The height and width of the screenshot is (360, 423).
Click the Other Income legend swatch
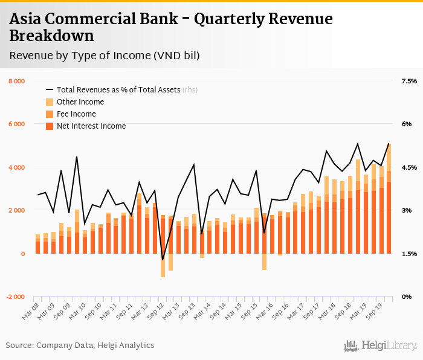pyautogui.click(x=50, y=102)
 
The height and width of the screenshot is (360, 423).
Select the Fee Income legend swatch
pyautogui.click(x=50, y=114)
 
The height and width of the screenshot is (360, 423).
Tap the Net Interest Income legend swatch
pyautogui.click(x=50, y=126)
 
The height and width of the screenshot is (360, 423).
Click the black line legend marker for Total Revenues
pyautogui.click(x=50, y=90)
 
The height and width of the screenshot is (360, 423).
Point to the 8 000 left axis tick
pyautogui.click(x=16, y=81)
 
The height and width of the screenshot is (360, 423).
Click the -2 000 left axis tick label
pyautogui.click(x=16, y=297)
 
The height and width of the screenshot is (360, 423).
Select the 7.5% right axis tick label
pyautogui.click(x=409, y=81)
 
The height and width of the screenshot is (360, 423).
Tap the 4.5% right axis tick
pyautogui.click(x=409, y=167)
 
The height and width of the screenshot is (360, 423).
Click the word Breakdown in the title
pyautogui.click(x=51, y=36)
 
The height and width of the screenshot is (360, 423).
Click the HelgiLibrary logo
pyautogui.click(x=380, y=346)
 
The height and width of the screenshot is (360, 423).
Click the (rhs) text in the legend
pyautogui.click(x=190, y=90)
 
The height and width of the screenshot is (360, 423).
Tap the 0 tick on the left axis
pyautogui.click(x=23, y=254)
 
